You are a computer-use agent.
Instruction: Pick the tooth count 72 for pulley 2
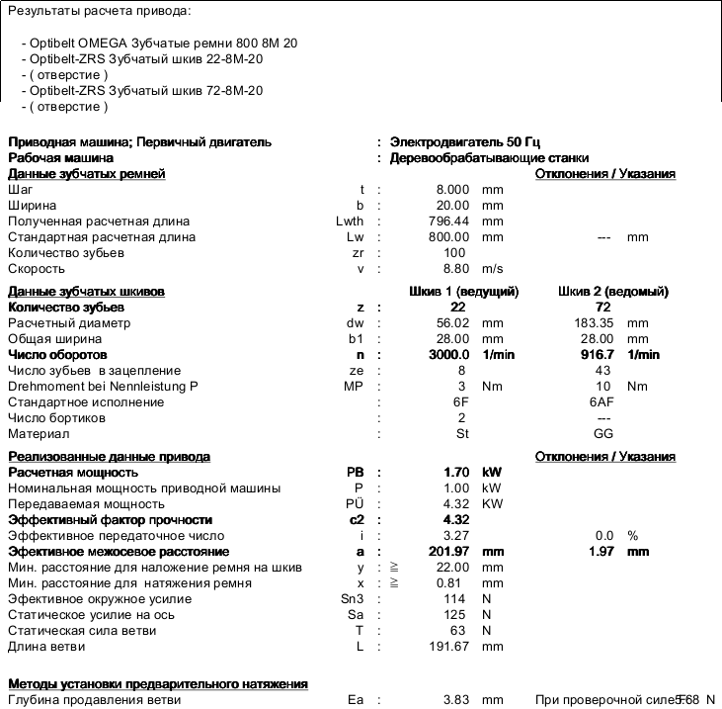coord(604,308)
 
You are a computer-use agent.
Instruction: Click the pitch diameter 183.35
coord(595,323)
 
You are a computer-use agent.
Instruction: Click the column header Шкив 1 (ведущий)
coord(463,292)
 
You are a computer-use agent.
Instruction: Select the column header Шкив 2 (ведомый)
coord(612,292)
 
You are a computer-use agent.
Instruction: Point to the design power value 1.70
coord(456,473)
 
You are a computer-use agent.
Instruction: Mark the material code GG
coord(603,434)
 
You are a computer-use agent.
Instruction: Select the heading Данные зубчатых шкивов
coord(86,292)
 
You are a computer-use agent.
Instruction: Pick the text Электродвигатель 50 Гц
coord(464,142)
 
